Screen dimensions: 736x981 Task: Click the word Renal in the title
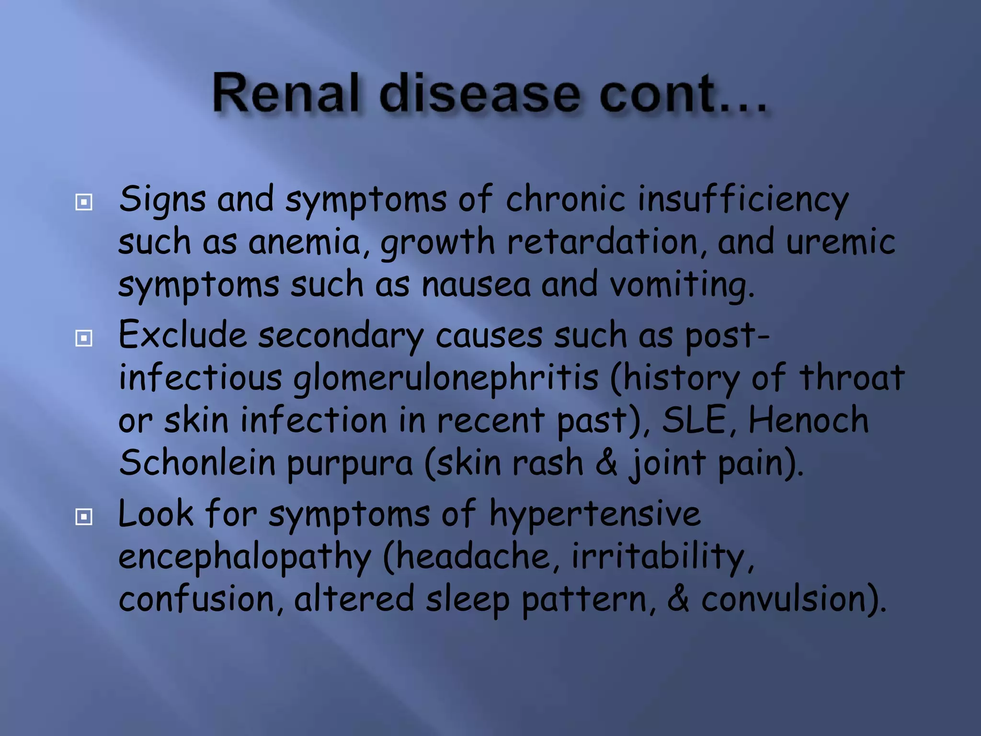(x=285, y=93)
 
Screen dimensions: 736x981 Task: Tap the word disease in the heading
(x=479, y=93)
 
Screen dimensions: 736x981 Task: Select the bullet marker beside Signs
(x=84, y=202)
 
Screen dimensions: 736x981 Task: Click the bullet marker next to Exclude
(x=84, y=338)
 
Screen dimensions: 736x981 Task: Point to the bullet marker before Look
(x=84, y=517)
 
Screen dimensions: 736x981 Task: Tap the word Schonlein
(x=196, y=463)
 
